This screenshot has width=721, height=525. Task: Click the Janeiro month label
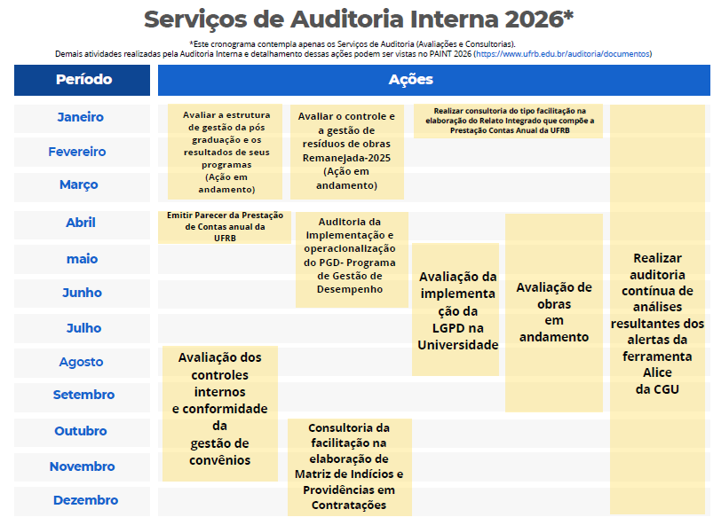pyautogui.click(x=81, y=117)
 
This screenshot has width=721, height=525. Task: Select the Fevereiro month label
pyautogui.click(x=77, y=152)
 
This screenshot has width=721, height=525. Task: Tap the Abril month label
pyautogui.click(x=81, y=223)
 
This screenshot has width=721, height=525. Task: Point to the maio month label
pyautogui.click(x=82, y=259)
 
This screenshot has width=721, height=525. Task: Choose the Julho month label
pyautogui.click(x=83, y=328)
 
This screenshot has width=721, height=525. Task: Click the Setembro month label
pyautogui.click(x=83, y=395)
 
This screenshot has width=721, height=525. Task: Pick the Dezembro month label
pyautogui.click(x=85, y=500)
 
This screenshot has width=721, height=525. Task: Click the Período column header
pyautogui.click(x=83, y=80)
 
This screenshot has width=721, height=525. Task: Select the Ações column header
pyautogui.click(x=410, y=80)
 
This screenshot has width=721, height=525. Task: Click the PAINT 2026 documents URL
pyautogui.click(x=564, y=54)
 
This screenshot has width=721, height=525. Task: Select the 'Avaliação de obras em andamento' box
pyautogui.click(x=553, y=312)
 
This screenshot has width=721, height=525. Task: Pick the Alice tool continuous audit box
pyautogui.click(x=657, y=323)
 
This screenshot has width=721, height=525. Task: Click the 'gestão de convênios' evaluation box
pyautogui.click(x=219, y=409)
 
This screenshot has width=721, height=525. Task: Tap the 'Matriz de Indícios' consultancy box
pyautogui.click(x=349, y=466)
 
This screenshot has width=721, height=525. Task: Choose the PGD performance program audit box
pyautogui.click(x=352, y=257)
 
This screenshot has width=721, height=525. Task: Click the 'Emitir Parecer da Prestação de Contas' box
pyautogui.click(x=225, y=226)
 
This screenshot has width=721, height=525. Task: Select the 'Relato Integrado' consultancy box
pyautogui.click(x=509, y=121)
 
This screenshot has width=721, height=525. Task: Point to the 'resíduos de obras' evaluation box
pyautogui.click(x=346, y=151)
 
